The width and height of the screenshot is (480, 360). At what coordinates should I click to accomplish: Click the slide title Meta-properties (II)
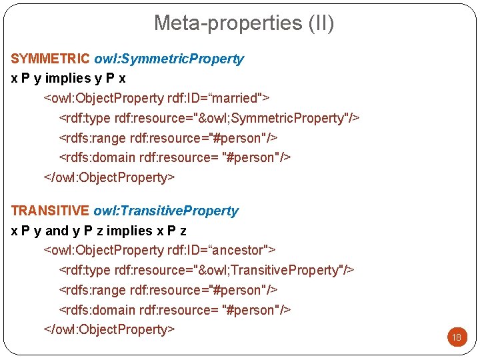click(x=244, y=23)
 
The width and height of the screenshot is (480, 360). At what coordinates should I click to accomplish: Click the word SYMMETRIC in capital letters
click(x=51, y=59)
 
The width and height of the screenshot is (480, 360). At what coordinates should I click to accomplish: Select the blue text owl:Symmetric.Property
click(x=169, y=59)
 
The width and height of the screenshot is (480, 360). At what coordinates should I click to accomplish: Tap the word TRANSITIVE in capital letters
click(x=50, y=211)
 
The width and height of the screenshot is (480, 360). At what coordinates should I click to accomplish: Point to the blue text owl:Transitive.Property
click(x=166, y=211)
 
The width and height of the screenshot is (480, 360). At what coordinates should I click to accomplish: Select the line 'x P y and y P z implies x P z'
click(x=99, y=231)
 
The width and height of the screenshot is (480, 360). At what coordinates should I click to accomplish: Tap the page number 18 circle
click(x=457, y=337)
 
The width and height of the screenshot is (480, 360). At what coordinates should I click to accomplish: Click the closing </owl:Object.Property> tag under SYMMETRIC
click(x=109, y=177)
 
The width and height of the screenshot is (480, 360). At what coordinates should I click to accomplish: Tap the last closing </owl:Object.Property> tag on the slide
click(x=109, y=329)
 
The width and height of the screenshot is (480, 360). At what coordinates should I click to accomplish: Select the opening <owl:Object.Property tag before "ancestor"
click(x=104, y=250)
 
